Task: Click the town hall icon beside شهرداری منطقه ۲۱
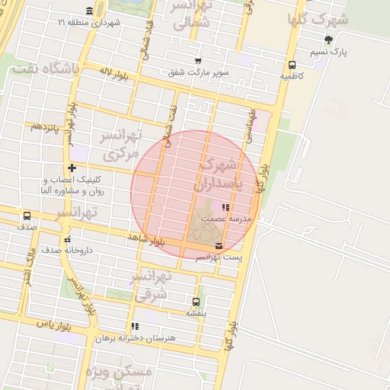click(91, 11)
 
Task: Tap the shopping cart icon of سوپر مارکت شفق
click(199, 61)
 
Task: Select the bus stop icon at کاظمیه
click(292, 65)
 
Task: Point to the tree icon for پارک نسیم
click(328, 40)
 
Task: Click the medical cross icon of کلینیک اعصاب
click(72, 168)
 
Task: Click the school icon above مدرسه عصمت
click(224, 207)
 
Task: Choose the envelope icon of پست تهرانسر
click(219, 245)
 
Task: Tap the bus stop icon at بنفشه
click(197, 302)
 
